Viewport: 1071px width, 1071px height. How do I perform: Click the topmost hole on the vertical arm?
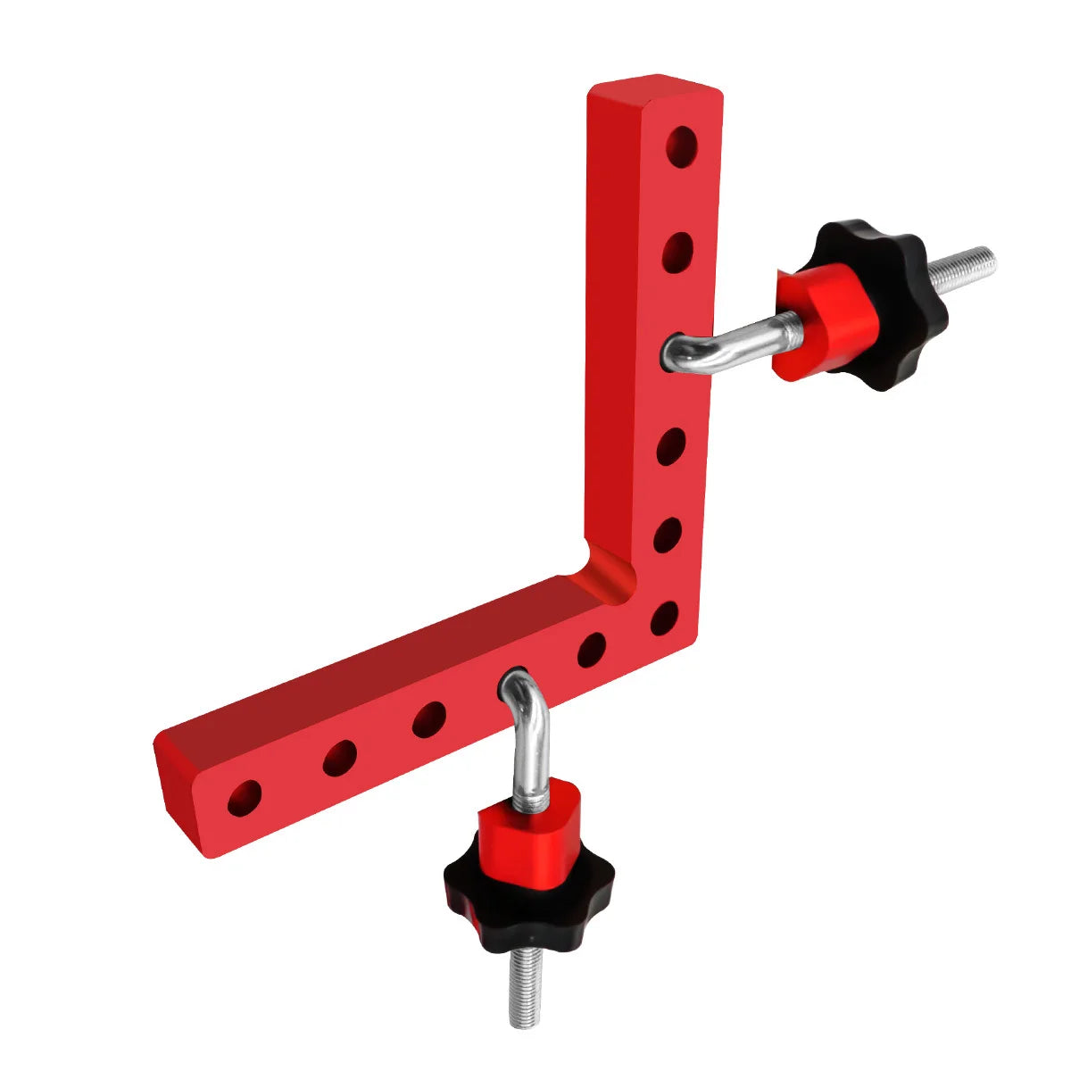pyautogui.click(x=682, y=147)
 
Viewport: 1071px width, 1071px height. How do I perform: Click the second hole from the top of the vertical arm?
pyautogui.click(x=678, y=253)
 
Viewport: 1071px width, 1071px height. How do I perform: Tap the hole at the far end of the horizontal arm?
pyautogui.click(x=245, y=799)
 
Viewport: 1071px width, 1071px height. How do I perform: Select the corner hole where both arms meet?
pyautogui.click(x=665, y=619)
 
